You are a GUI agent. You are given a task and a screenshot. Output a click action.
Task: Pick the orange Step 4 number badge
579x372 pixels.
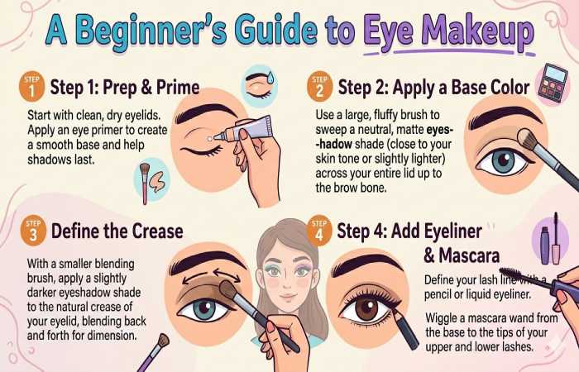(x=316, y=229)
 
